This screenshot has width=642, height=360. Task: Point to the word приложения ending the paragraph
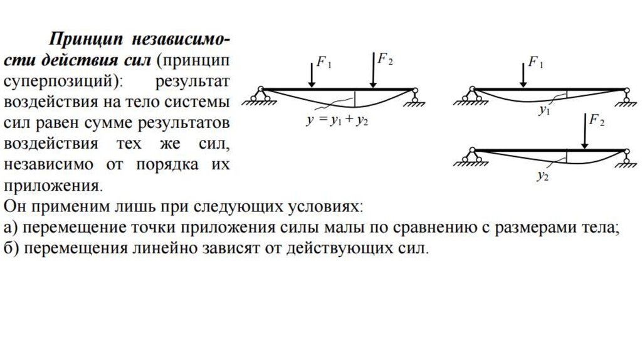[51, 186]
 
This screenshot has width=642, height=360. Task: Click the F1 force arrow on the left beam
[312, 73]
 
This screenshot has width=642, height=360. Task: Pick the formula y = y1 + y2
[337, 121]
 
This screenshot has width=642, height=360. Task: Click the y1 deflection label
[544, 111]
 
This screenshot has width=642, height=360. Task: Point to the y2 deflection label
[542, 176]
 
